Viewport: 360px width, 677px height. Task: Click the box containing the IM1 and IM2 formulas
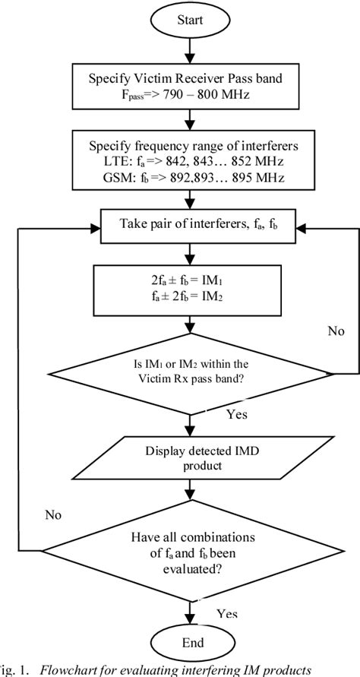(x=186, y=286)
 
